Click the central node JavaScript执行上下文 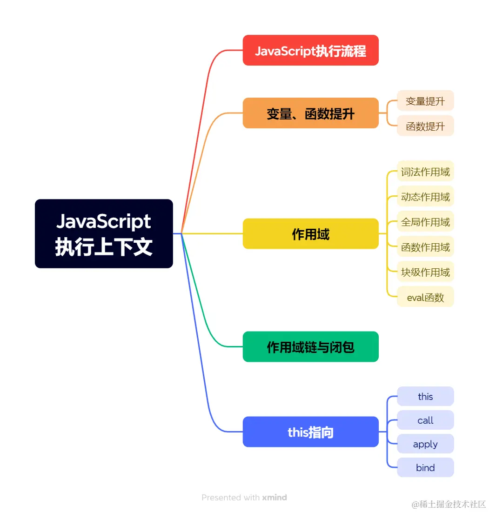[104, 233]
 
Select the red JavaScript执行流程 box [310, 50]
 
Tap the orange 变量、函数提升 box [310, 113]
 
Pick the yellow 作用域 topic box [310, 233]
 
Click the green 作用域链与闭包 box [310, 346]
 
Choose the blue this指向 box [310, 432]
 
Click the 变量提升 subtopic [425, 100]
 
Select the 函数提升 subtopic [425, 126]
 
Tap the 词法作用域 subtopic [425, 172]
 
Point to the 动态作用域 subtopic [425, 197]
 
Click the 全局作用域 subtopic [425, 222]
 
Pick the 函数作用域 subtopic [425, 247]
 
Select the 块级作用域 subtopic [425, 272]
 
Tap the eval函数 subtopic [425, 297]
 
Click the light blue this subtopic [425, 396]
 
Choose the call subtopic [425, 420]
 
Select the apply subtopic [425, 444]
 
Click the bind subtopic [425, 467]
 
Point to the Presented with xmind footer [244, 497]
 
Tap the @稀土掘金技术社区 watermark [449, 504]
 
